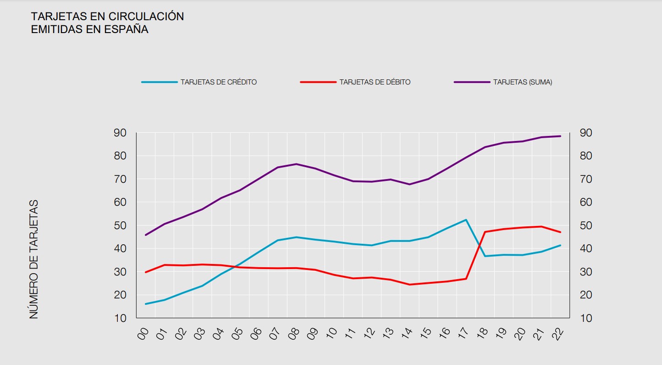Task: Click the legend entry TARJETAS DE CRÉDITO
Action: tap(218, 82)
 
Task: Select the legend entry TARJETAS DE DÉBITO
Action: tap(375, 82)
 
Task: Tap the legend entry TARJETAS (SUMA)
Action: tap(522, 82)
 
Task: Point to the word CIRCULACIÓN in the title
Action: tap(146, 17)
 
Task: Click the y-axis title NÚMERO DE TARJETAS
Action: tap(34, 259)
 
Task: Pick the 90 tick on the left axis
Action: tap(120, 133)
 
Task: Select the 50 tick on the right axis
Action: tap(586, 225)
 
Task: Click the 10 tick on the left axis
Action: tap(120, 318)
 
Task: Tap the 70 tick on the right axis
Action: tap(586, 179)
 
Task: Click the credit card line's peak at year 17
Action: tap(466, 220)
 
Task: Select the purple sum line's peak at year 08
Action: tap(296, 164)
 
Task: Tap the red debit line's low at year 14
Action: tap(409, 285)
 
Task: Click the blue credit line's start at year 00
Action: tap(145, 304)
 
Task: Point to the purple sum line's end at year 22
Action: tap(560, 136)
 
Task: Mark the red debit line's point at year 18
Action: tap(485, 232)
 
